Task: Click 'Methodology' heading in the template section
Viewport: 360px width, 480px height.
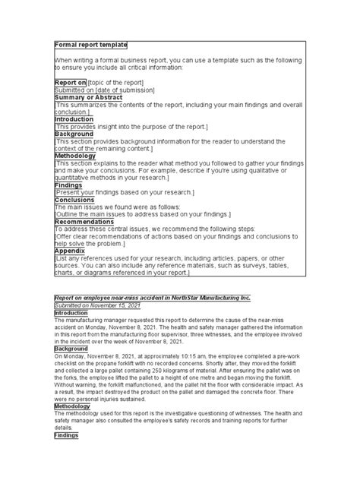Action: (75, 156)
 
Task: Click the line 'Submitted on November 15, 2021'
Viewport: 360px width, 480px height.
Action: (97, 305)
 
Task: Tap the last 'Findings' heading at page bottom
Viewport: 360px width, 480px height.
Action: (68, 435)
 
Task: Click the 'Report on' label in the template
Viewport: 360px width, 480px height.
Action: (69, 82)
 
